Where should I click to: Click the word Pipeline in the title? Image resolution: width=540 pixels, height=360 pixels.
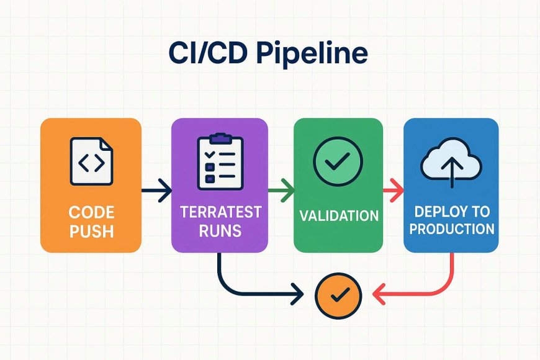[x=312, y=53]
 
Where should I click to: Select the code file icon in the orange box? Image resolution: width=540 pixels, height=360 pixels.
[x=92, y=161]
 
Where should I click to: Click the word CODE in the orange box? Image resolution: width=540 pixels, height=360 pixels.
[x=92, y=212]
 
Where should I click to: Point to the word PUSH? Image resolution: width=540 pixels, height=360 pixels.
[x=92, y=231]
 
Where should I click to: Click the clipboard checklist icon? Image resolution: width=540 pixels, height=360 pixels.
[x=220, y=161]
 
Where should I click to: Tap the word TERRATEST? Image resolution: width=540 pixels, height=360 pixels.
[x=220, y=212]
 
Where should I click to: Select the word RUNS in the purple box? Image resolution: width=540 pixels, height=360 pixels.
[x=220, y=230]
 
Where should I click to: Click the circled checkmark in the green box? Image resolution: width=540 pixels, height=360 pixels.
[x=338, y=161]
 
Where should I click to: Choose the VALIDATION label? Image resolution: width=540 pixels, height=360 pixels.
[x=339, y=216]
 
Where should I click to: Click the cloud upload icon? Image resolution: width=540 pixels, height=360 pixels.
[x=451, y=163]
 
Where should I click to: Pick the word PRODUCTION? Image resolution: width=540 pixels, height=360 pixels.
[x=452, y=229]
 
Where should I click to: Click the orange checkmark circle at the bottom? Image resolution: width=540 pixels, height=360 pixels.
[x=338, y=295]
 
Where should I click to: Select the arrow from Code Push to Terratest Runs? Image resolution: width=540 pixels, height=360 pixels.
[x=156, y=190]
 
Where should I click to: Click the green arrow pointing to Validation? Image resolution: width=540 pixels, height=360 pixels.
[x=281, y=190]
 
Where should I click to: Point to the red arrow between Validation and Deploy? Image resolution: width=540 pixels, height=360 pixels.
[x=394, y=190]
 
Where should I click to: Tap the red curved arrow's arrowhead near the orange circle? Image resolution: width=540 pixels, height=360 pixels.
[x=378, y=295]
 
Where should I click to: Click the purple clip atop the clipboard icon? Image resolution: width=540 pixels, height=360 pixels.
[x=220, y=138]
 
